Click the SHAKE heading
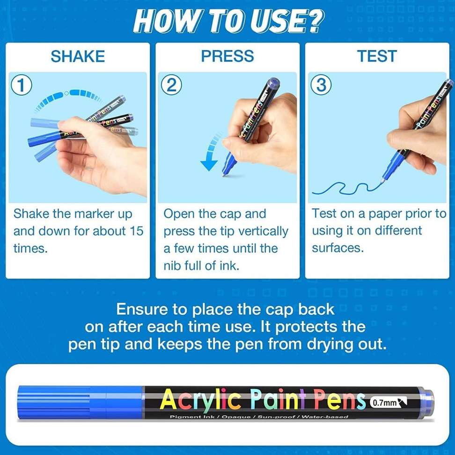click(x=77, y=57)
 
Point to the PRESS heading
click(x=227, y=57)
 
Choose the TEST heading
click(x=377, y=57)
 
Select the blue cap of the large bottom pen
click(x=80, y=402)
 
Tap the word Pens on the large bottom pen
click(x=339, y=400)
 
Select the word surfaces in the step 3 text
click(x=338, y=248)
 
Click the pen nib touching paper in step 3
click(x=383, y=181)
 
